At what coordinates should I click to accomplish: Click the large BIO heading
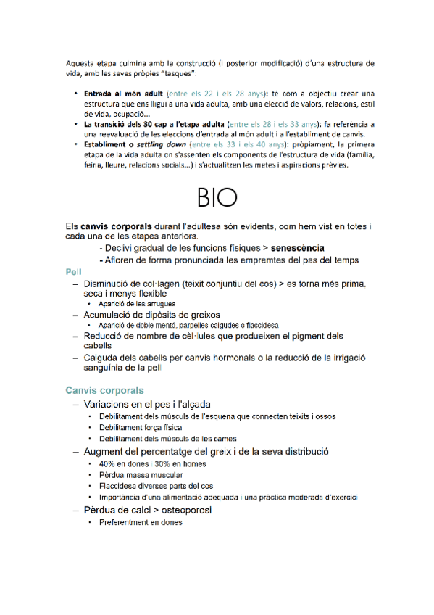pyautogui.click(x=217, y=197)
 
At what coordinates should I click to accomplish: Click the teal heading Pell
pyautogui.click(x=72, y=271)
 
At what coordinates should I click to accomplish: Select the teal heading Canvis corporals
pyautogui.click(x=104, y=390)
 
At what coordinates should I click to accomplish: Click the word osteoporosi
pyautogui.click(x=184, y=511)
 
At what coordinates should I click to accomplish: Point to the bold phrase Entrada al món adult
pyautogui.click(x=123, y=94)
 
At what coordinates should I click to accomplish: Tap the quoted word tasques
pyautogui.click(x=178, y=75)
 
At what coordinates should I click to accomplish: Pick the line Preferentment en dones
pyautogui.click(x=141, y=522)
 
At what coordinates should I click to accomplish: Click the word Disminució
pyautogui.click(x=111, y=283)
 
